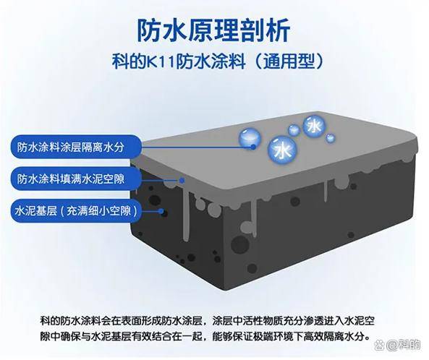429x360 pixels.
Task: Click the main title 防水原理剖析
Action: (213, 30)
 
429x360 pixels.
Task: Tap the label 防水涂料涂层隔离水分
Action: (71, 147)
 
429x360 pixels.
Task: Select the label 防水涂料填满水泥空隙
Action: (71, 179)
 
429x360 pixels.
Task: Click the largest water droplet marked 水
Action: (282, 150)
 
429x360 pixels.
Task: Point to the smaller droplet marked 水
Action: (315, 127)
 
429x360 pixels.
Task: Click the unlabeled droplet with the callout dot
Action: (250, 138)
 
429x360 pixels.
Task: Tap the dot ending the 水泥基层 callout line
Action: (162, 211)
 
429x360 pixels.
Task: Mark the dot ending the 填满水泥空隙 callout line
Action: (182, 180)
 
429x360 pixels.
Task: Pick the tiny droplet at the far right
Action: (331, 138)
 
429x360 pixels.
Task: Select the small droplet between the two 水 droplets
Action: (294, 130)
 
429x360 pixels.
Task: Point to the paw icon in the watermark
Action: (380, 345)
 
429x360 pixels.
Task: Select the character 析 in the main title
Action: (279, 30)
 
